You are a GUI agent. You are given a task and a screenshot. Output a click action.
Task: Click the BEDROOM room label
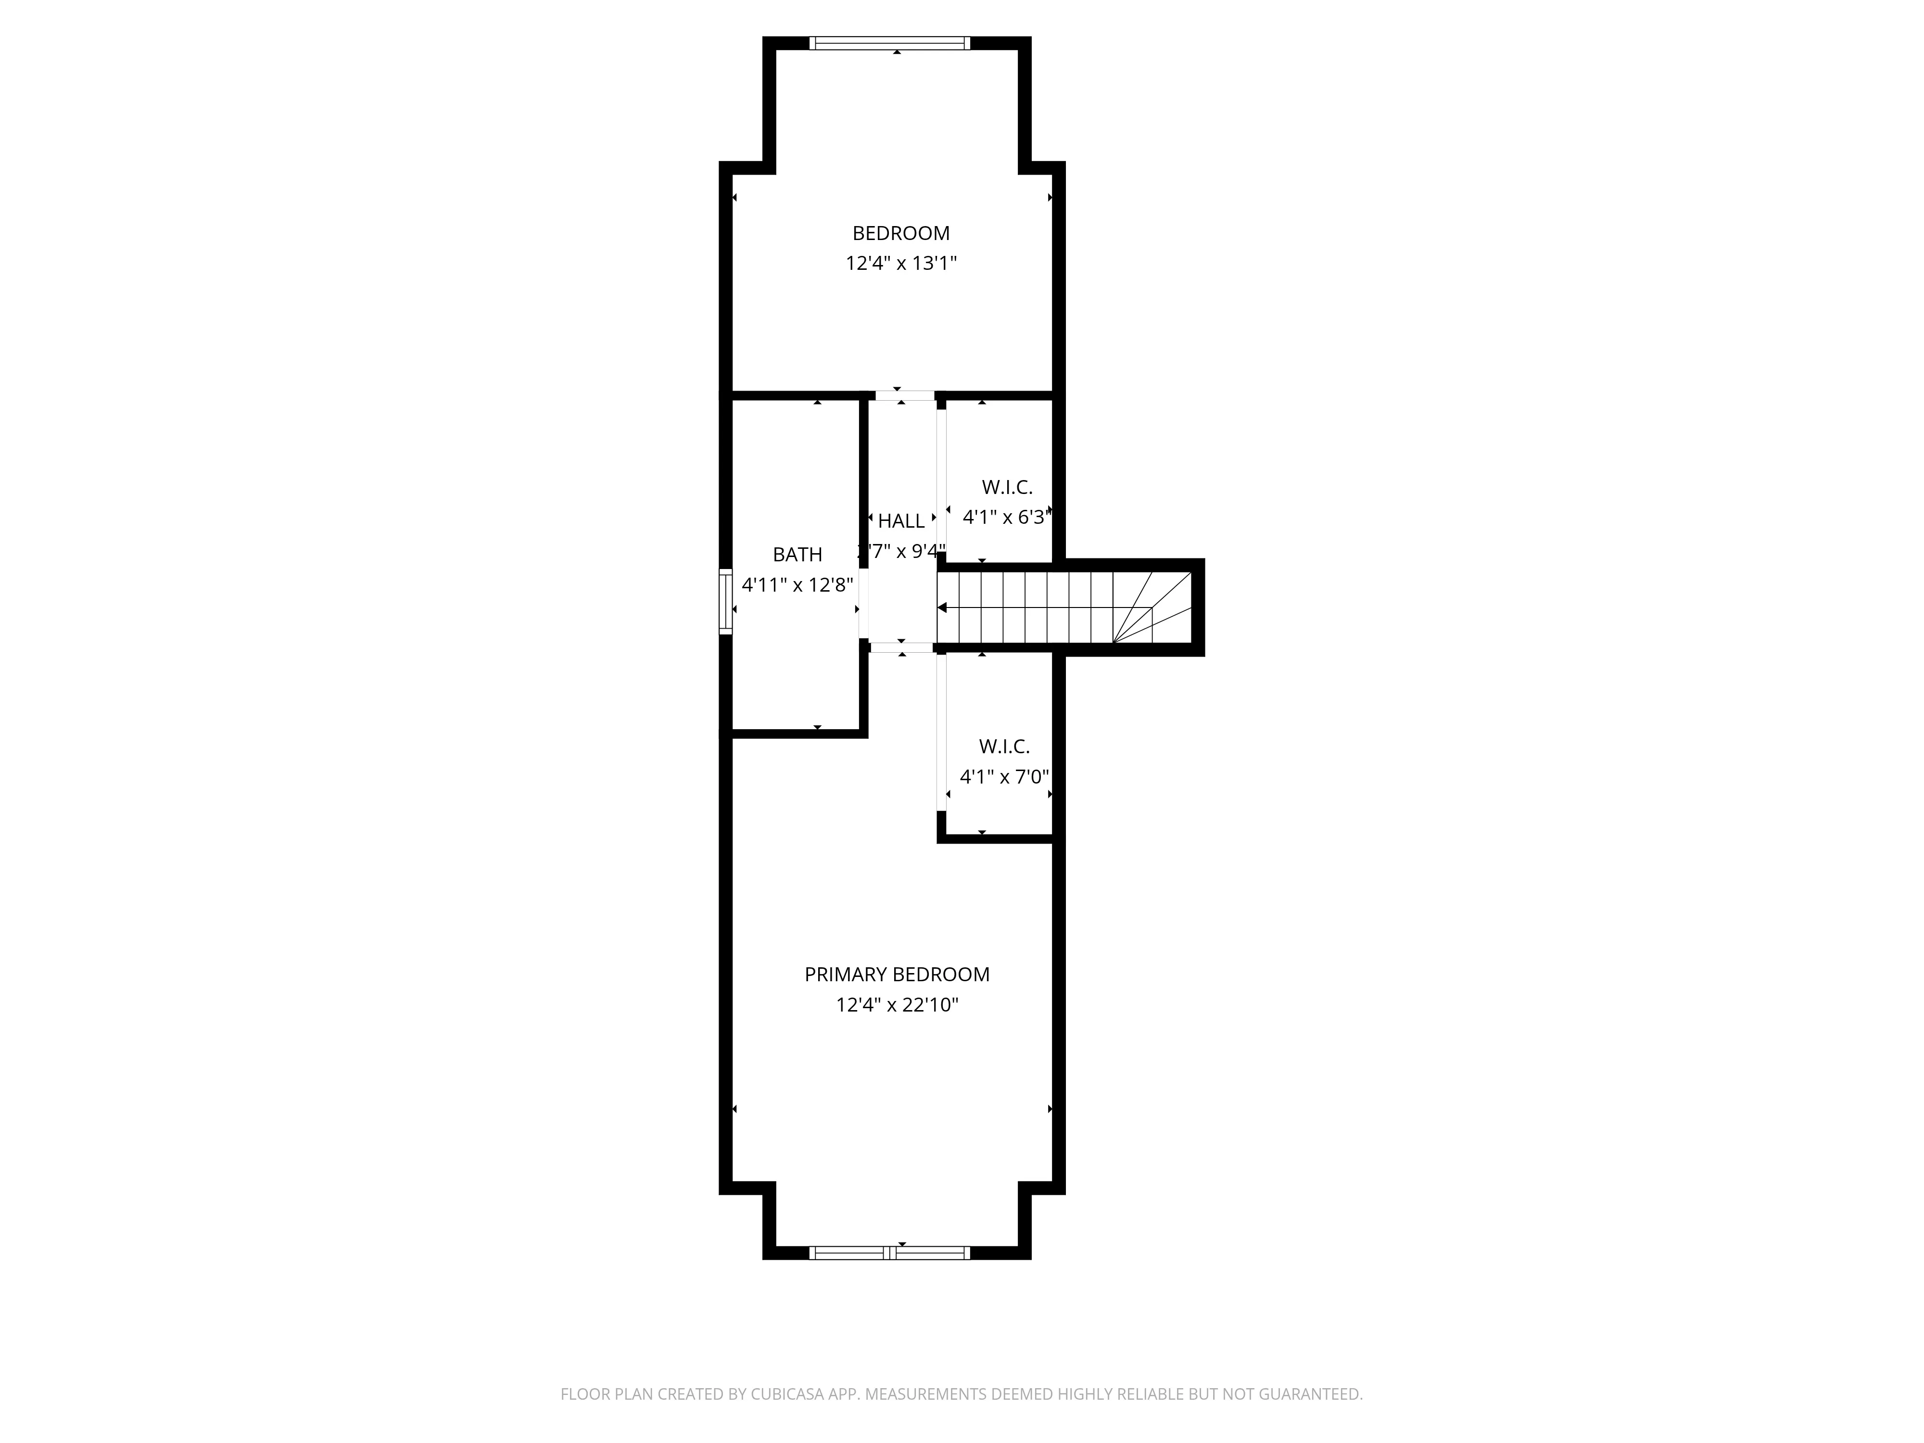pos(900,233)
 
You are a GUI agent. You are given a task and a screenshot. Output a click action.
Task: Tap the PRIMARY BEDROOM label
pos(896,974)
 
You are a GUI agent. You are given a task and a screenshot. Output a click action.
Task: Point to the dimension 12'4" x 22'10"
pos(896,1005)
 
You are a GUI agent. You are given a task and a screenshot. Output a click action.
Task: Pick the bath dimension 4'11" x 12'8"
pos(797,584)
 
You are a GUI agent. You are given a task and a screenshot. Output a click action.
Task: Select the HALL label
pos(900,521)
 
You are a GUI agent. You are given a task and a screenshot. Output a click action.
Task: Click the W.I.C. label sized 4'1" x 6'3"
pos(1006,487)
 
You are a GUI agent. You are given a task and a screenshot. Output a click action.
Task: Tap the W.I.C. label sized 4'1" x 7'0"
pos(1004,747)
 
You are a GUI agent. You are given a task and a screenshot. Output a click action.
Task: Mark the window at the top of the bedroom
pos(889,43)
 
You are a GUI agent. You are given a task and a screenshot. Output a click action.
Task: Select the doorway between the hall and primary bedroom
pos(901,647)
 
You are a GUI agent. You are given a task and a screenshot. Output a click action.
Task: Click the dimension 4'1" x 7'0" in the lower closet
pos(1004,777)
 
